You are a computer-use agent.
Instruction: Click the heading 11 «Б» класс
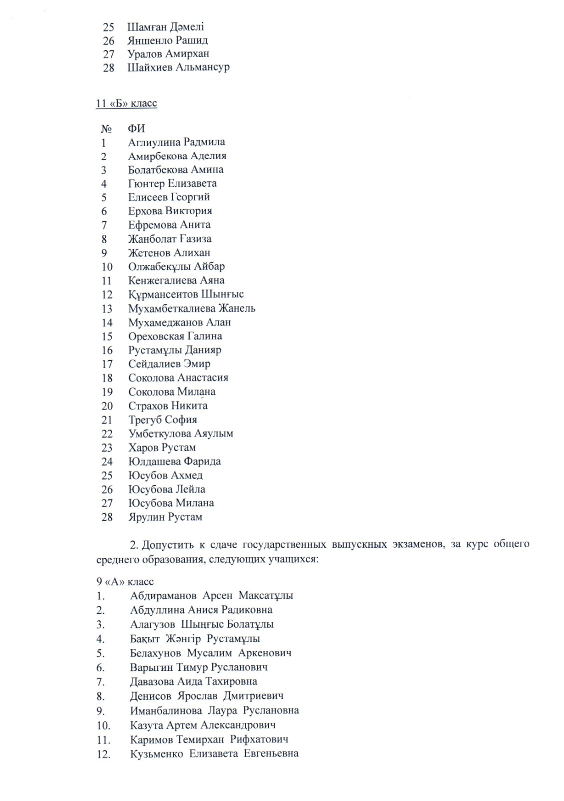tap(126, 104)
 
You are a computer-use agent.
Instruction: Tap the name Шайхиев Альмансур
tap(178, 67)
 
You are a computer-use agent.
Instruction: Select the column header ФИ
tap(136, 129)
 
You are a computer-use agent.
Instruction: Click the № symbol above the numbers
tap(105, 129)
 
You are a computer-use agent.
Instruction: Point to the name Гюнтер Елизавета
tap(172, 184)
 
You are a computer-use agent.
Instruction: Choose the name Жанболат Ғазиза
tap(169, 239)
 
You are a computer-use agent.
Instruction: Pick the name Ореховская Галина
tap(175, 336)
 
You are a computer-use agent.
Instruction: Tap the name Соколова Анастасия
tap(178, 378)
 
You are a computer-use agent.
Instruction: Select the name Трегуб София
tap(162, 420)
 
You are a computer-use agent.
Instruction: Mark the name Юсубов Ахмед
tap(165, 476)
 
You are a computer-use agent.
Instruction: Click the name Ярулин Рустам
tap(165, 517)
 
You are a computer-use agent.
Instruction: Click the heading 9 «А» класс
tap(125, 582)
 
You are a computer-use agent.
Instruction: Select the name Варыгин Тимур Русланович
tap(198, 667)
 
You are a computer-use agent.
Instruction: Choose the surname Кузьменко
tap(156, 754)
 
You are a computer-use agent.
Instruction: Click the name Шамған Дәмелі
tap(165, 27)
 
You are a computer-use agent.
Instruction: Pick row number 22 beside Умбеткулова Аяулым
tap(107, 434)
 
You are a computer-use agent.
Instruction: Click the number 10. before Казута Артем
tap(103, 725)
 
